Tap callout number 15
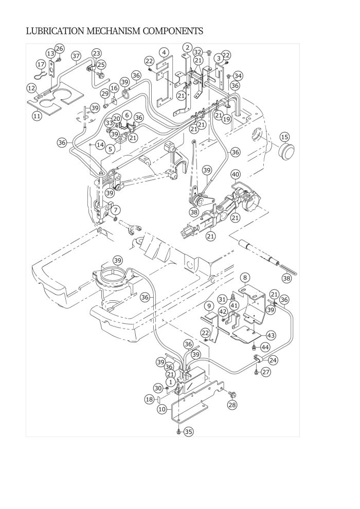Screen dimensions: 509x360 284,137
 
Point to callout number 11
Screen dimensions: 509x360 37,116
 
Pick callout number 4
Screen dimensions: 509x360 164,52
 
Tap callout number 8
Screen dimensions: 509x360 245,277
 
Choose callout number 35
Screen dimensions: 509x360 189,432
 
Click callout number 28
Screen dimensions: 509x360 232,406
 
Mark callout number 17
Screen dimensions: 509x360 41,64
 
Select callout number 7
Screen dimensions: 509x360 116,210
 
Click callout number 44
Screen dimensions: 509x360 265,348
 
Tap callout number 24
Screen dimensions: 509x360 273,360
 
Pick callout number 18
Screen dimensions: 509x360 149,399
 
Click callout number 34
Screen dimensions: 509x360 237,76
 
